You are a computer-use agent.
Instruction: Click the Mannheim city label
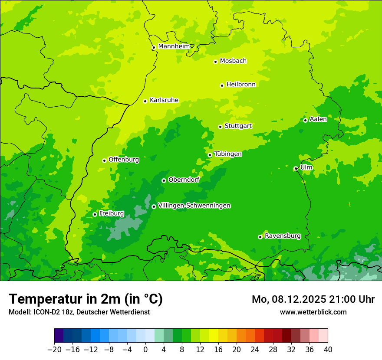point(174,46)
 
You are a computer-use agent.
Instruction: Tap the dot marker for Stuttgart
point(220,127)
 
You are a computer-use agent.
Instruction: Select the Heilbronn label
point(241,85)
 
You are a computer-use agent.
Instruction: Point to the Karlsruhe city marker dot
point(145,101)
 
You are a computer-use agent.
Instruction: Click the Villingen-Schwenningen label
point(194,206)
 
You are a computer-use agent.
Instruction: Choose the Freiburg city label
point(111,213)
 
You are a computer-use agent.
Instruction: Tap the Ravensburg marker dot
point(260,237)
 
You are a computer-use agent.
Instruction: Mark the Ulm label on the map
point(306,167)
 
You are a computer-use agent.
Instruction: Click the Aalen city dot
point(305,120)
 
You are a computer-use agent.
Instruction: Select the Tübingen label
point(228,154)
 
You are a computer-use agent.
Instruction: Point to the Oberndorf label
point(184,180)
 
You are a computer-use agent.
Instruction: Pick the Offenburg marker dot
point(104,160)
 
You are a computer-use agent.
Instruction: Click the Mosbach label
point(233,61)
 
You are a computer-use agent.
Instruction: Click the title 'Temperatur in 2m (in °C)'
point(86,299)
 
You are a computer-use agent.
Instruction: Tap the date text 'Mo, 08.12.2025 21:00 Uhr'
point(313,299)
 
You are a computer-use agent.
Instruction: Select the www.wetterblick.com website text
point(313,312)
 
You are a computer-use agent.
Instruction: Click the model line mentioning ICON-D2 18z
point(79,312)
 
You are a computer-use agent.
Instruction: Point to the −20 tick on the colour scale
point(54,350)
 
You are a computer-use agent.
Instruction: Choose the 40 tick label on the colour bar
point(328,350)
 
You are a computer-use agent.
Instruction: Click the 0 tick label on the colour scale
point(145,350)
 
